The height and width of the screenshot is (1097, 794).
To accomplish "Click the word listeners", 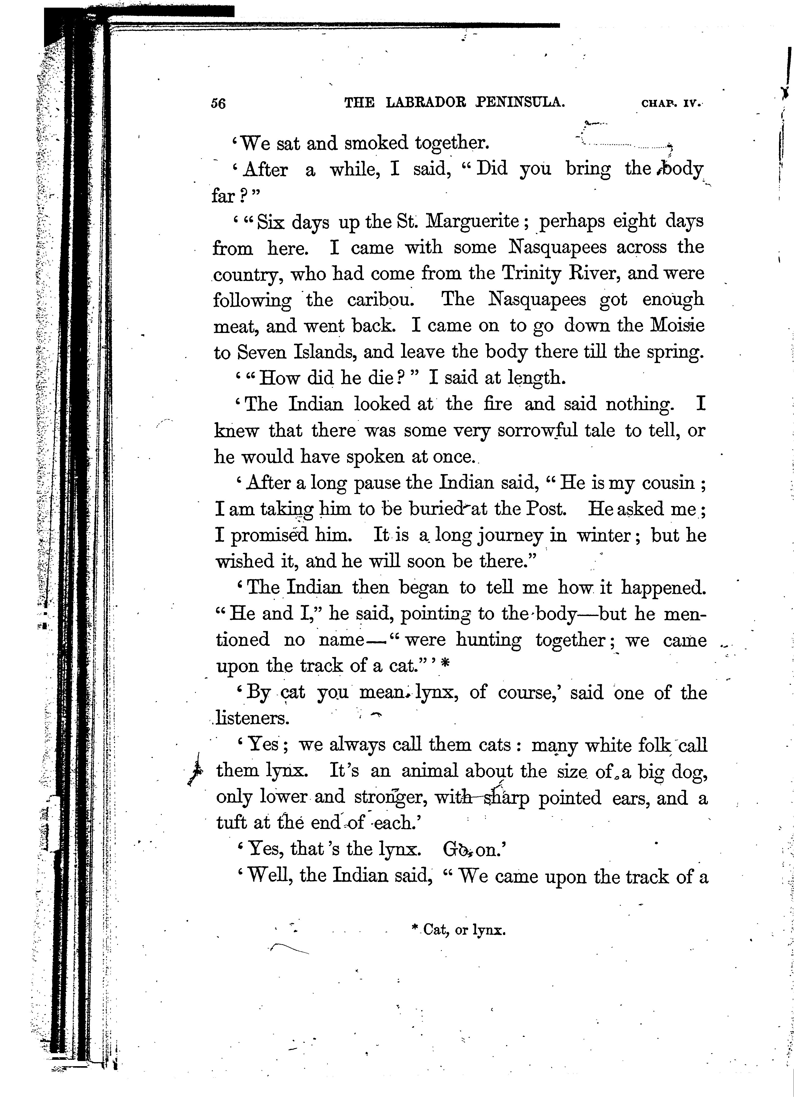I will (252, 718).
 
